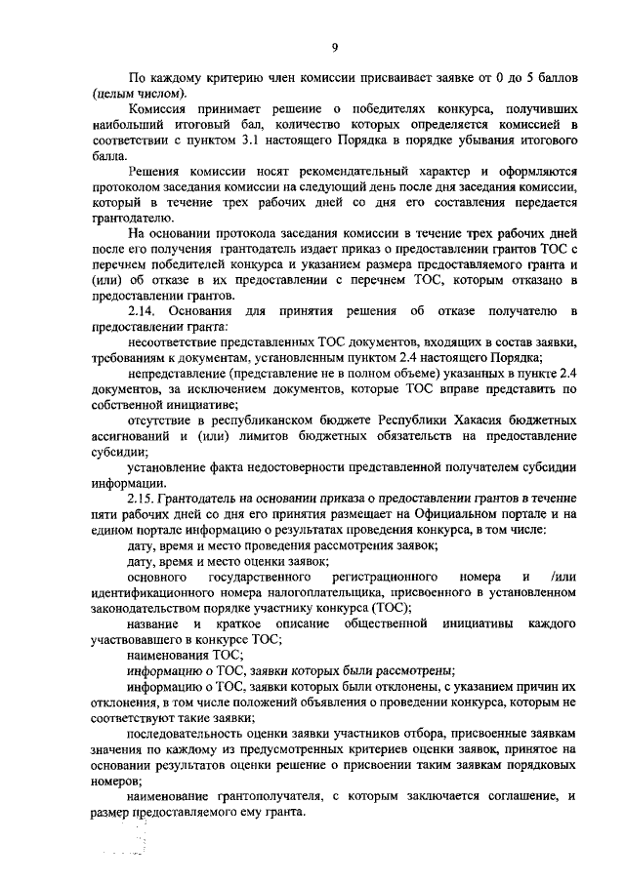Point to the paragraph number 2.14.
point(144,310)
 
